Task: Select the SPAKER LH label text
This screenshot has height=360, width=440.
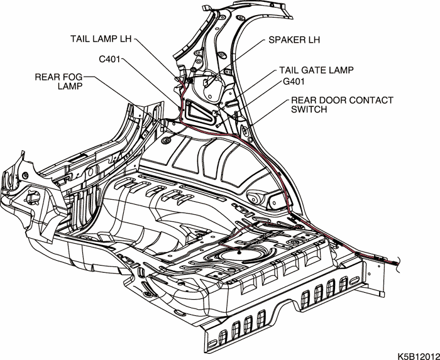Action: (x=294, y=40)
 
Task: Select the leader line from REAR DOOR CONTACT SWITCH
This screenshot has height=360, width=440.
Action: (x=270, y=113)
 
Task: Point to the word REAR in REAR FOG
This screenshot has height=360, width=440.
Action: (x=47, y=76)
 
